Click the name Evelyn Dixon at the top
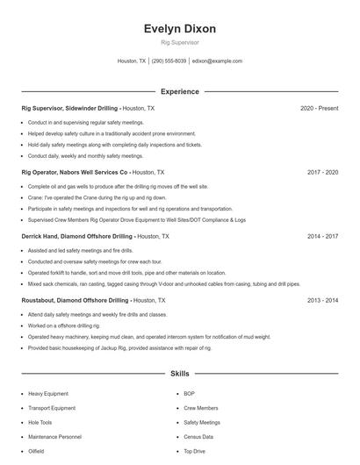[x=179, y=29]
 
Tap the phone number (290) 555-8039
[x=169, y=61]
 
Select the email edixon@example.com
[x=217, y=61]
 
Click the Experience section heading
[x=179, y=91]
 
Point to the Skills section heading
[x=179, y=374]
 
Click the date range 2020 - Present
[x=319, y=108]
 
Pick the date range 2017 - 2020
[x=322, y=173]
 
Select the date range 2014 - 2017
[x=322, y=237]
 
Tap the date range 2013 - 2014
[x=322, y=300]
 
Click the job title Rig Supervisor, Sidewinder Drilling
[x=69, y=108]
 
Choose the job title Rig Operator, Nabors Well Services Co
[x=75, y=173]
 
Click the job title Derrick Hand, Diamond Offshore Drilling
[x=77, y=237]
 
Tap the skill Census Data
[x=198, y=436]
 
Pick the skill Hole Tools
[x=40, y=422]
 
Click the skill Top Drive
[x=194, y=451]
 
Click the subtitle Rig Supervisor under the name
[x=179, y=42]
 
